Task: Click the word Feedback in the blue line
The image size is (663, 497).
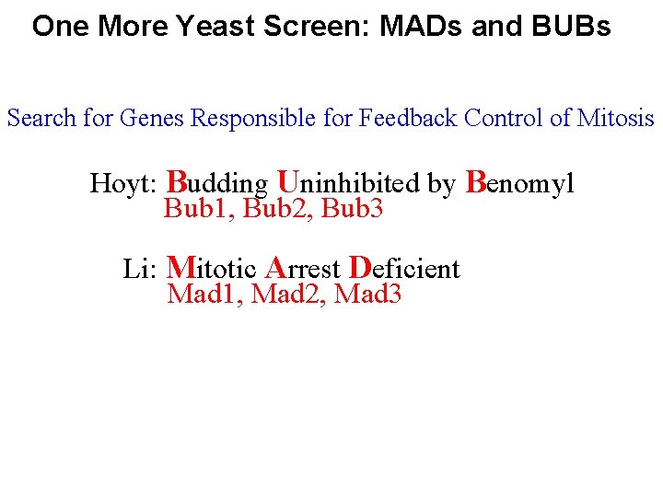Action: click(409, 119)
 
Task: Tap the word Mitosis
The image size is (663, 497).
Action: click(616, 119)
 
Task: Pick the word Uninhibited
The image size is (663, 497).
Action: click(348, 183)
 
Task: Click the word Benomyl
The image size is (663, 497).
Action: click(520, 183)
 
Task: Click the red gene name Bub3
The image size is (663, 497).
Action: click(352, 210)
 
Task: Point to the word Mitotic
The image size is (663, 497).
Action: click(210, 269)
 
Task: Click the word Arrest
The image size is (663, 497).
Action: click(303, 269)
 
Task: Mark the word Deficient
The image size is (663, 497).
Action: click(405, 269)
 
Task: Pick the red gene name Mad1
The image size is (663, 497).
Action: click(203, 295)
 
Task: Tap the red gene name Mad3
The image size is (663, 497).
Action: click(368, 295)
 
